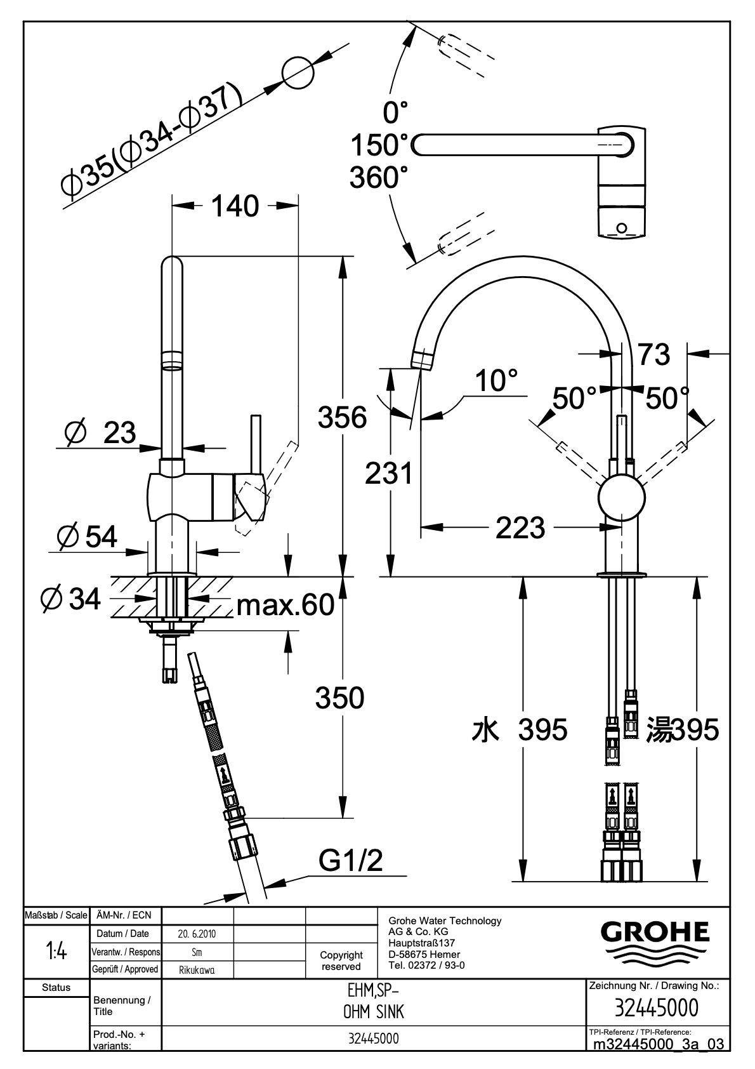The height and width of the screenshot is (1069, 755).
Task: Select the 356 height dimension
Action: [343, 416]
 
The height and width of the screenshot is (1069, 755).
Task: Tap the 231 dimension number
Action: [389, 474]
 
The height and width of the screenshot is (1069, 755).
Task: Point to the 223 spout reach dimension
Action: [520, 528]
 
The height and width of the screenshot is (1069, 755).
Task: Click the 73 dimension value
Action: [654, 355]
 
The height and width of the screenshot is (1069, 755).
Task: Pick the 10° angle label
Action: [496, 381]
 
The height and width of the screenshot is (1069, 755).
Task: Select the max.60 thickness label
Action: [286, 605]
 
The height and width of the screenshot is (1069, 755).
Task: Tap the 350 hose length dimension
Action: [339, 697]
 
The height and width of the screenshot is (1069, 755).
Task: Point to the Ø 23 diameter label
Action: [101, 432]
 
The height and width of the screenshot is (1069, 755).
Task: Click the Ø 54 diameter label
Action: [87, 536]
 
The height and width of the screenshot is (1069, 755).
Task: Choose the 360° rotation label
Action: [379, 177]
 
